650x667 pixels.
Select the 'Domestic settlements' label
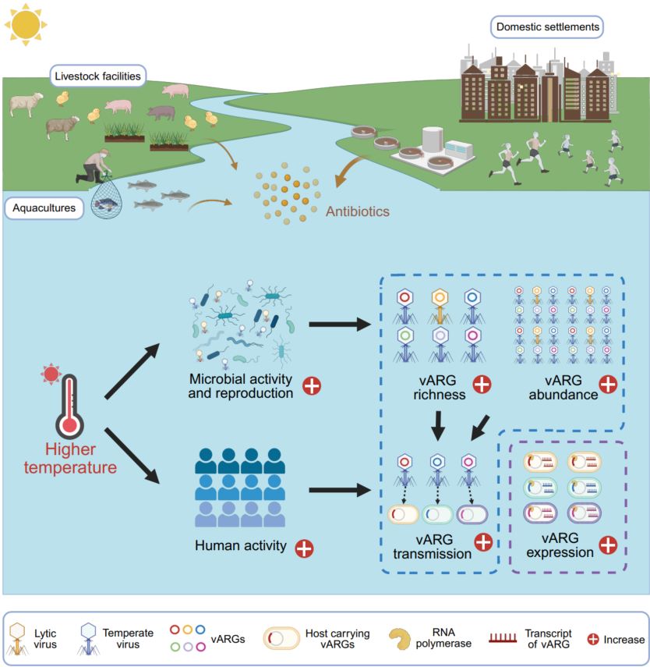coord(549,27)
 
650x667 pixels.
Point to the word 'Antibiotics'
coord(358,211)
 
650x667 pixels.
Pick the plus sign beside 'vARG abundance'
coord(607,385)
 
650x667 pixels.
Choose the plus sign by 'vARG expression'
coord(607,544)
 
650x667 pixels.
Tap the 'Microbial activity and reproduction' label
coord(241,385)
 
